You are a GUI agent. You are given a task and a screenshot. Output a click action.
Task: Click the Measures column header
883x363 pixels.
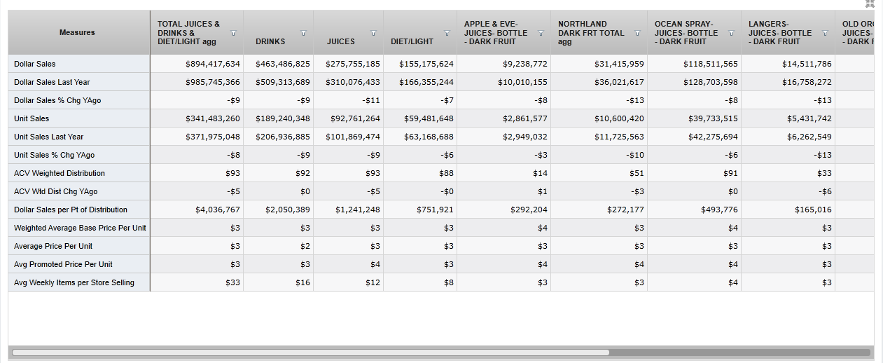[77, 32]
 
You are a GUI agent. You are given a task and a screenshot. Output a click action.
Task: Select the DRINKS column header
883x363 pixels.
[270, 41]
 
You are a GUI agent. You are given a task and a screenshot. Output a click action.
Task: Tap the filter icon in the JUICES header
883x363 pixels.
[373, 33]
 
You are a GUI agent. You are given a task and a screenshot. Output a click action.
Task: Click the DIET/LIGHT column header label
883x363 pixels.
[412, 41]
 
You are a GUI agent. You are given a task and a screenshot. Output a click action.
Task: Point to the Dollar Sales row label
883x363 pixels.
[35, 64]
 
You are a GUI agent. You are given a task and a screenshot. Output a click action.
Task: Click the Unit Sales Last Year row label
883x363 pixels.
[48, 137]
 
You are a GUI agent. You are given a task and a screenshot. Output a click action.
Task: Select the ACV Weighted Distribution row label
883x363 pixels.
[60, 173]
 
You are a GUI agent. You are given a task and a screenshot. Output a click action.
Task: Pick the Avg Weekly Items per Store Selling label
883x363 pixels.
[74, 282]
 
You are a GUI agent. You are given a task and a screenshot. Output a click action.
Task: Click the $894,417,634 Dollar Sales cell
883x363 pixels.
[213, 64]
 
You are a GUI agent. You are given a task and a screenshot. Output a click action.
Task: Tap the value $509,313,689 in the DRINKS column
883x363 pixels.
[283, 82]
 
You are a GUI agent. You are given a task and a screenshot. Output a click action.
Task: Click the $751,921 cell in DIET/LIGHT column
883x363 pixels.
[435, 210]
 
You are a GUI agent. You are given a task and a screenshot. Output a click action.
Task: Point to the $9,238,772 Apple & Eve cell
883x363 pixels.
[525, 64]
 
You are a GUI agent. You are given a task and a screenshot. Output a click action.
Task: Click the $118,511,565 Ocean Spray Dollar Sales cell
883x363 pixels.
[711, 64]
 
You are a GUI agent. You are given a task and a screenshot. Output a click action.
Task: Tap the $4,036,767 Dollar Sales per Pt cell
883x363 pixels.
[218, 210]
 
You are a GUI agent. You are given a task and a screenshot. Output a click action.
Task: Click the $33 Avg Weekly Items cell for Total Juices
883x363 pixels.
[234, 282]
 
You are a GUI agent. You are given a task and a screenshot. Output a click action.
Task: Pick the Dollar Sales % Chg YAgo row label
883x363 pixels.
[57, 100]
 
